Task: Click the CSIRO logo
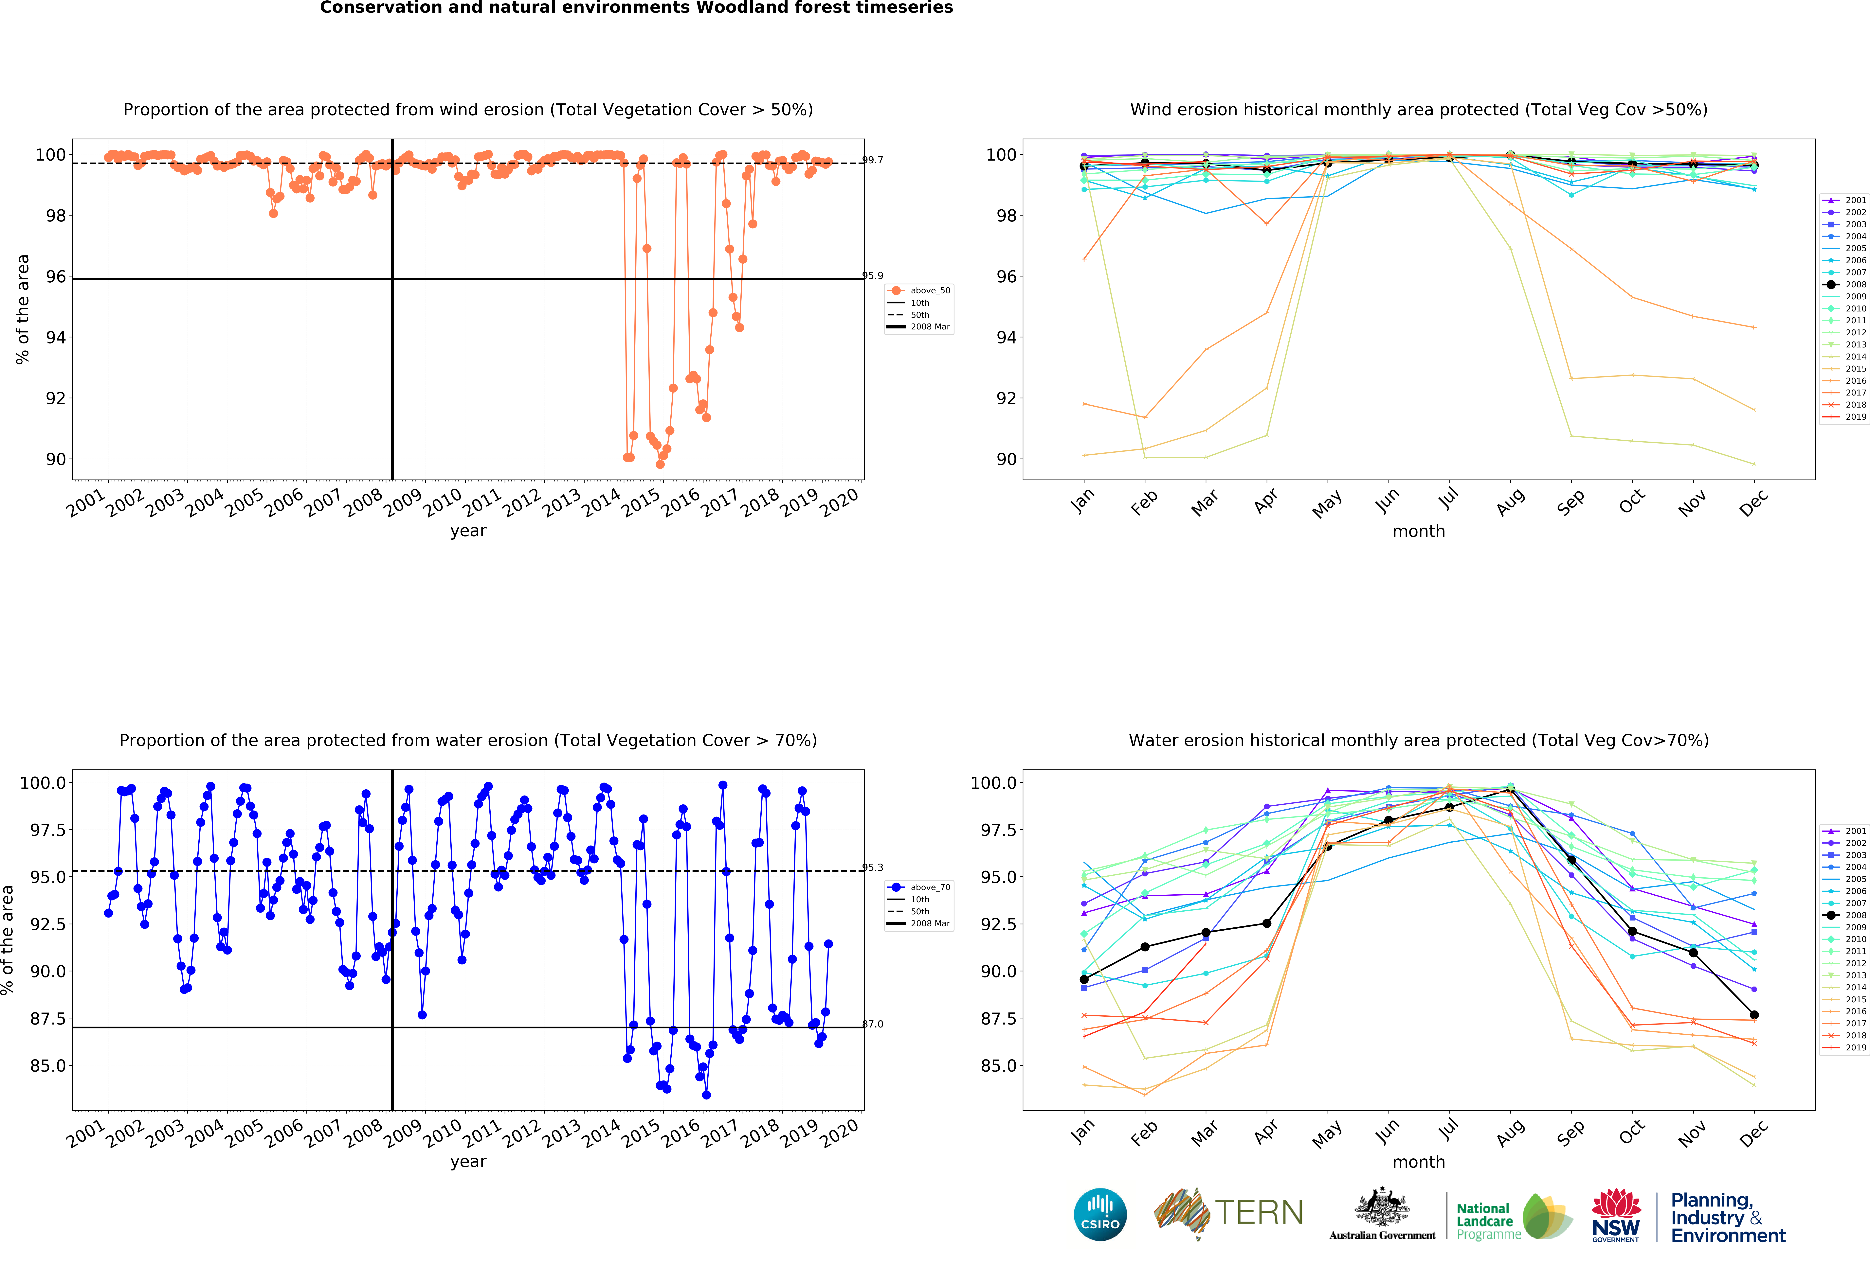(x=1100, y=1214)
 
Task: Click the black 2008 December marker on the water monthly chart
(x=1754, y=1015)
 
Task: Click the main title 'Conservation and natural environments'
(x=636, y=8)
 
